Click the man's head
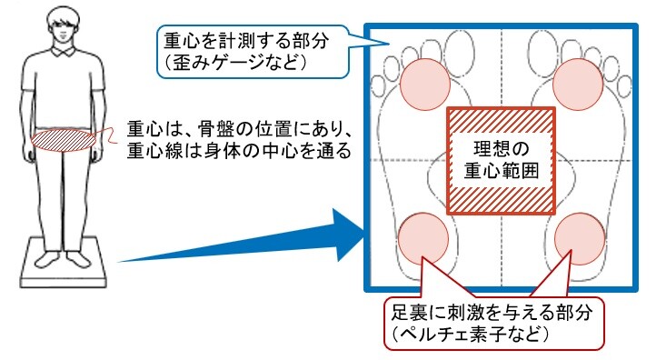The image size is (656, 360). pyautogui.click(x=63, y=25)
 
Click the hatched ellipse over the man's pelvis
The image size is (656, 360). pyautogui.click(x=64, y=140)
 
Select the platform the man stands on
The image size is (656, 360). pyautogui.click(x=63, y=263)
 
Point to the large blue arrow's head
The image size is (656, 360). pyautogui.click(x=348, y=235)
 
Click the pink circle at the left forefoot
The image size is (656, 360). pyautogui.click(x=425, y=85)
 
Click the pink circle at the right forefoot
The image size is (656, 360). pyautogui.click(x=578, y=84)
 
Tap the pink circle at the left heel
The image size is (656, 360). pyautogui.click(x=423, y=238)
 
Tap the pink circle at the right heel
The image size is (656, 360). pyautogui.click(x=580, y=239)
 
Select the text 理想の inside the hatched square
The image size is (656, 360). pyautogui.click(x=502, y=149)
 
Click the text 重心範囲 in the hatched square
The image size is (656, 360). pyautogui.click(x=502, y=171)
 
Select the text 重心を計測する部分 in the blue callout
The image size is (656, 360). pyautogui.click(x=246, y=42)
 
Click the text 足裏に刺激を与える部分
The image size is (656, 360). pyautogui.click(x=492, y=313)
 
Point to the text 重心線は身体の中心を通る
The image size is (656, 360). pyautogui.click(x=239, y=151)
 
